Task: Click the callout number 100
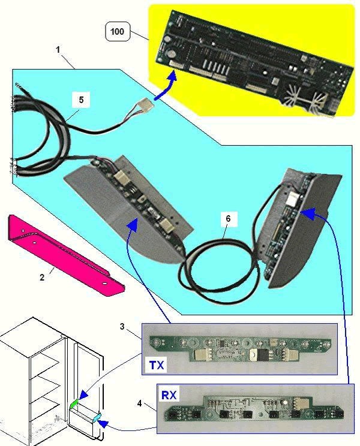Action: (117, 31)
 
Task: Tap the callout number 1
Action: (58, 50)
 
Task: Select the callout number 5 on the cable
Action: (81, 100)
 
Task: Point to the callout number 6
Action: (228, 219)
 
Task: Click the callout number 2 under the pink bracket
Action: (42, 278)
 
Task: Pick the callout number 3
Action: (122, 327)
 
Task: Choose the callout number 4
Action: (139, 403)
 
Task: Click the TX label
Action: (157, 364)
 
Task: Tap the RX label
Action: (169, 395)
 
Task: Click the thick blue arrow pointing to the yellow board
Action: (166, 87)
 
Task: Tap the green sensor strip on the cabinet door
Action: (74, 405)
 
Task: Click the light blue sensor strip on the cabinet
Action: (96, 418)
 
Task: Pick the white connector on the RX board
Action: (299, 403)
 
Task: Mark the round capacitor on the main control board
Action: (172, 53)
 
